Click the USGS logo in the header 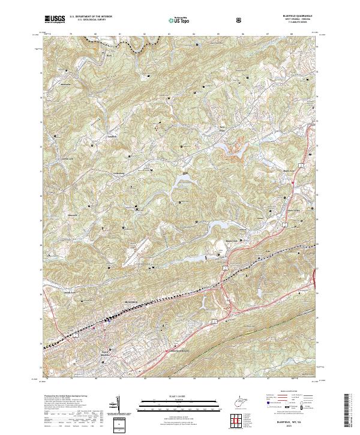point(55,20)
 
